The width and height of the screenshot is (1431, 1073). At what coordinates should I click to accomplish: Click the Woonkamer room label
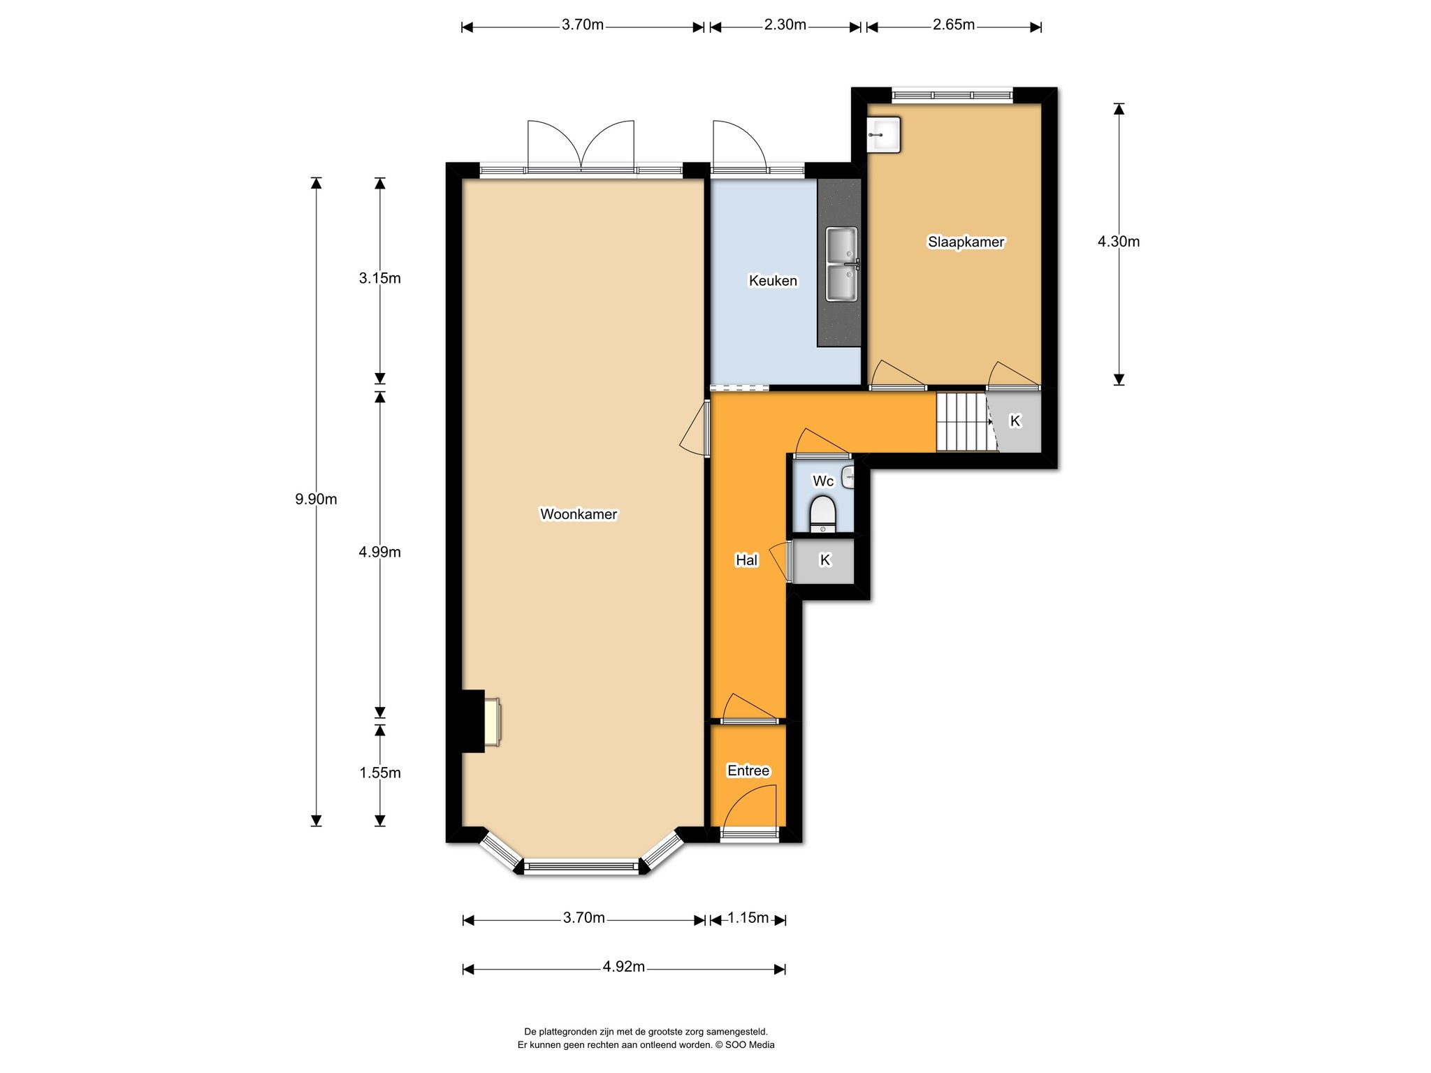[579, 514]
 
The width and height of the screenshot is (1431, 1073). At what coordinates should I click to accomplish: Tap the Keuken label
[773, 281]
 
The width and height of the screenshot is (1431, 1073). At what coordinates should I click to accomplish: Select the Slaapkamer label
[966, 242]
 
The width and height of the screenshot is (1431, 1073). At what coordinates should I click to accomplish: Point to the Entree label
[748, 771]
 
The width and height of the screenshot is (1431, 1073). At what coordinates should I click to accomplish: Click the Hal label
[746, 560]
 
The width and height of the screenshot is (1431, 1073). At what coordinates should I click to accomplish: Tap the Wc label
[823, 481]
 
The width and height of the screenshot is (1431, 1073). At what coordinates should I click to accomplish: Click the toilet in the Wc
[822, 515]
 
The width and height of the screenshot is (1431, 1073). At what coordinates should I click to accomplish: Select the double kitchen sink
[842, 264]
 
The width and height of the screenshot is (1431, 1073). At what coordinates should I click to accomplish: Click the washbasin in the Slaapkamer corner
[884, 134]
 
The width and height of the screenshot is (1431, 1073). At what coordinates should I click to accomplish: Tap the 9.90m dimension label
[316, 499]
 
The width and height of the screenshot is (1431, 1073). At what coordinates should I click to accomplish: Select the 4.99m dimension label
[379, 552]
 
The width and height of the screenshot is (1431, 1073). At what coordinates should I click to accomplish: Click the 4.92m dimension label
[623, 966]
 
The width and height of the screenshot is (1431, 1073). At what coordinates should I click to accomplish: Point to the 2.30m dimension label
[785, 24]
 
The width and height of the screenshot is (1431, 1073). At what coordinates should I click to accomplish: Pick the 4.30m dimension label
[1118, 241]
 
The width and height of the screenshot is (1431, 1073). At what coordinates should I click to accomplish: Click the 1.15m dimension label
[748, 917]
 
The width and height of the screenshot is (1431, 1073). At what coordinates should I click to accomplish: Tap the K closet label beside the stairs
[1015, 421]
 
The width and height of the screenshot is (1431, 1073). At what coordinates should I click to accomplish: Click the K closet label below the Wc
[825, 560]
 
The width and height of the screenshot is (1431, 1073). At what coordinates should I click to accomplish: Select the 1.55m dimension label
[379, 773]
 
